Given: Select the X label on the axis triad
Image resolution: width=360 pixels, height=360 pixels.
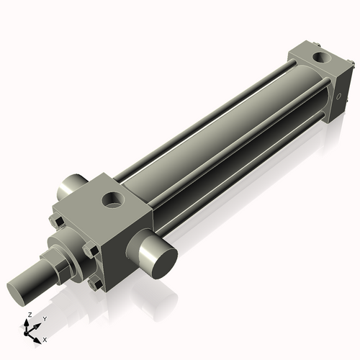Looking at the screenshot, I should [45, 338].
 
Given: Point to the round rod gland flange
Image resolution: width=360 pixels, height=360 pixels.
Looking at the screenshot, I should [67, 245].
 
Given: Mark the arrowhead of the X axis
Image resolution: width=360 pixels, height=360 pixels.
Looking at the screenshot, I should [40, 336].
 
